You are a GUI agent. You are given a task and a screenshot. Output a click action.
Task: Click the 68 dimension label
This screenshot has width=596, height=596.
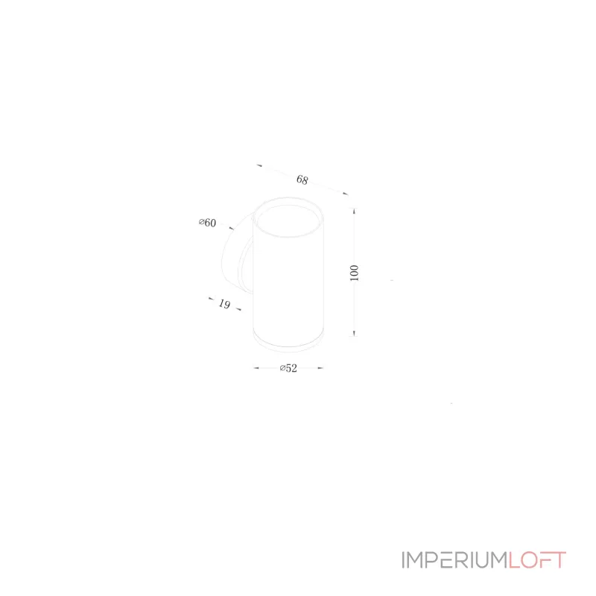click(x=302, y=180)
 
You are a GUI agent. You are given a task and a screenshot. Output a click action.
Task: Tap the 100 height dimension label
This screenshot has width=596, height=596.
click(x=355, y=273)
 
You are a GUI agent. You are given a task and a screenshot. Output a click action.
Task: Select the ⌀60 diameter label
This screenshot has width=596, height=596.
click(x=208, y=222)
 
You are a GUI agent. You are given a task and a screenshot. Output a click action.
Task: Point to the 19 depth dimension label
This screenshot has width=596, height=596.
click(x=224, y=304)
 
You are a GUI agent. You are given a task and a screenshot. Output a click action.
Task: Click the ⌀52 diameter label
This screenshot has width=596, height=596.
click(x=288, y=368)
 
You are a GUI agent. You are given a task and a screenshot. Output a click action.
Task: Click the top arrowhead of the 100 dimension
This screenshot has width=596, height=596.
click(x=355, y=211)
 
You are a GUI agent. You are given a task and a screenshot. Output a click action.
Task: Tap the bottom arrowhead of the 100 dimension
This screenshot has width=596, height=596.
click(x=355, y=333)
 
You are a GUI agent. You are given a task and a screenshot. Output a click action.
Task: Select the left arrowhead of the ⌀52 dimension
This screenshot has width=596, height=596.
click(x=256, y=368)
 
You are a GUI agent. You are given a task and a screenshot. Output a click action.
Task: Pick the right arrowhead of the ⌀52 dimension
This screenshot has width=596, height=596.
click(x=320, y=368)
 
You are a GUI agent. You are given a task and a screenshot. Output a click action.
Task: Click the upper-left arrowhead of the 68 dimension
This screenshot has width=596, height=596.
click(x=259, y=165)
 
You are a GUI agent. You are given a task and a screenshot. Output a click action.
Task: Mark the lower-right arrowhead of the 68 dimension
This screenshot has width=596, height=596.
click(x=345, y=194)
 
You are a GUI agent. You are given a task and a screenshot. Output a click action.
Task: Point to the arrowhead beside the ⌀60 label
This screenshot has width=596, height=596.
click(x=232, y=229)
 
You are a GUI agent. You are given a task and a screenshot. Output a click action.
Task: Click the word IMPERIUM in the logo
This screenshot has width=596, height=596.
click(x=455, y=560)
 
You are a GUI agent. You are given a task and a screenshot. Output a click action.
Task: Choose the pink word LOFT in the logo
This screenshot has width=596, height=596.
click(x=537, y=560)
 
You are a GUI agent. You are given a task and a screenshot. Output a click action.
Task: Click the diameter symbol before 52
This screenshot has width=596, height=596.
click(x=282, y=368)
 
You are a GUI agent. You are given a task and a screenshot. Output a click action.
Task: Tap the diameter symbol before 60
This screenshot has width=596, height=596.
click(x=201, y=221)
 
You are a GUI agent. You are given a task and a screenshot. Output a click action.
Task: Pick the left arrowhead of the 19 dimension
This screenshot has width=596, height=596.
click(x=212, y=299)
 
